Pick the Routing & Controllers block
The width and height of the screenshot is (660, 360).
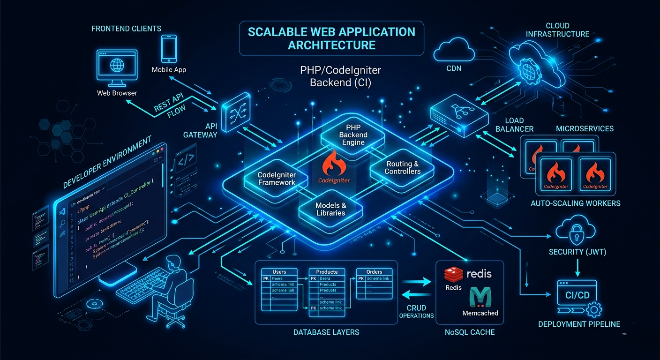point(402,167)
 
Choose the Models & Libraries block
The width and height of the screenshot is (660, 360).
point(330,209)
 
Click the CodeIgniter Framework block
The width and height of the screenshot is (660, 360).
point(277,179)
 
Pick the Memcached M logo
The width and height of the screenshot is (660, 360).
point(480,298)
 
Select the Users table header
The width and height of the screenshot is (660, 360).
point(279,271)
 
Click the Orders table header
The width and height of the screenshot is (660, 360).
point(374,271)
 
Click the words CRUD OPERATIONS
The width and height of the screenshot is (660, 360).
point(416,311)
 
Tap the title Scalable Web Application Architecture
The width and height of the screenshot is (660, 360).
point(331,38)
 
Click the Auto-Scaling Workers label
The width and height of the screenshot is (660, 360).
point(575,203)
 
